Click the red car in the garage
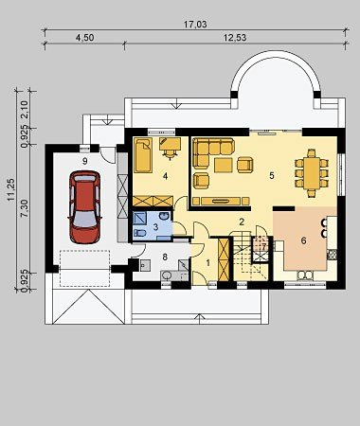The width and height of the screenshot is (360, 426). click(84, 207)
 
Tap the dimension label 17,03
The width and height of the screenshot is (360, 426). click(196, 25)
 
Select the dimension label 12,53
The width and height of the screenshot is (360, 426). click(235, 38)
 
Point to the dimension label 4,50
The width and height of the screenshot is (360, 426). click(84, 38)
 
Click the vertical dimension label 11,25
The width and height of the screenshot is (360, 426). click(11, 189)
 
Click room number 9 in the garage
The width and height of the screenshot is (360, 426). click(84, 161)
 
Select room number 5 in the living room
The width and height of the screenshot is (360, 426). click(272, 176)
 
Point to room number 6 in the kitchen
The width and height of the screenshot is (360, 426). click(303, 241)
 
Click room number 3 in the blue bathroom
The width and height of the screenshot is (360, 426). click(155, 226)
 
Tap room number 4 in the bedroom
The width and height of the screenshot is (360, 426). click(165, 176)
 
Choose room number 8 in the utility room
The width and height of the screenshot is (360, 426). click(165, 257)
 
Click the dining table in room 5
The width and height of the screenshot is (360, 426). click(312, 173)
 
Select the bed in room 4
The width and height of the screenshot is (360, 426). click(143, 155)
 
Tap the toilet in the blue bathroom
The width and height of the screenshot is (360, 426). click(139, 234)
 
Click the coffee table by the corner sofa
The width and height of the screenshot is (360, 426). click(224, 165)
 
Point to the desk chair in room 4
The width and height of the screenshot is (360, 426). click(171, 153)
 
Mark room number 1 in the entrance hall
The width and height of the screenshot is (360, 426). click(208, 262)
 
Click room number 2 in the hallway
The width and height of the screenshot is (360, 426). click(242, 222)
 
